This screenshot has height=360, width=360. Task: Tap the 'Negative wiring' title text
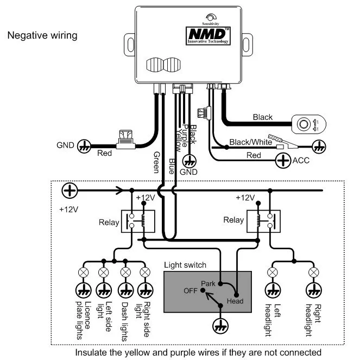click(42, 36)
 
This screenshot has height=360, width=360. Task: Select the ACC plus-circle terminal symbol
click(283, 160)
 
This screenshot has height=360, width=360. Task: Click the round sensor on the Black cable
click(301, 124)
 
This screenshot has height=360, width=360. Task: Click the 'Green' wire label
click(156, 162)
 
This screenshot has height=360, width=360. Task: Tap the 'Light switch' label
click(185, 265)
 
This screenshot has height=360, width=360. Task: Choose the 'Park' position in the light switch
click(208, 283)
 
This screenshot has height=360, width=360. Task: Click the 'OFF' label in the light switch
click(191, 291)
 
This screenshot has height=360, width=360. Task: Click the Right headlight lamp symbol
click(313, 271)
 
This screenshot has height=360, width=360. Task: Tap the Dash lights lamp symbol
click(125, 271)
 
